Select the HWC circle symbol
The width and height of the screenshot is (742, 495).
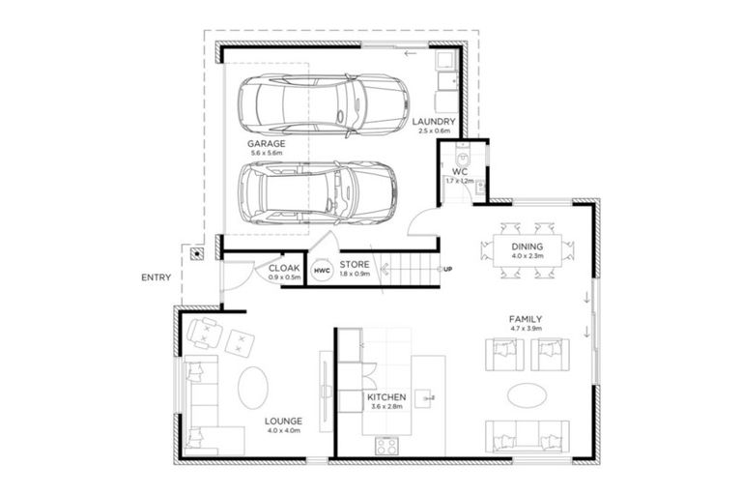point(321,274)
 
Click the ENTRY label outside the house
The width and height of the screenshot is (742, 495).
point(156,277)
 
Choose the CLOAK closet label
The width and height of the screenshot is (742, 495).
point(285,268)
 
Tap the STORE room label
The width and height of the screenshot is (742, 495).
point(355,264)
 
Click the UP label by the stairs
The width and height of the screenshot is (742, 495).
point(447,269)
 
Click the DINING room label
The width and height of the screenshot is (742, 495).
point(527,247)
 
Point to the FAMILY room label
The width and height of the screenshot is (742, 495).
point(526,319)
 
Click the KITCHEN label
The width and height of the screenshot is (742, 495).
point(386,397)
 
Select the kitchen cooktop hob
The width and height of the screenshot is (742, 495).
point(387,446)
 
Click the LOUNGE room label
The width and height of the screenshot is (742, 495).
point(283,422)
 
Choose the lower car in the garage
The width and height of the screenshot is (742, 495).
point(316,189)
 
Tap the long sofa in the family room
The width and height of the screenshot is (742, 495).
point(528,437)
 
